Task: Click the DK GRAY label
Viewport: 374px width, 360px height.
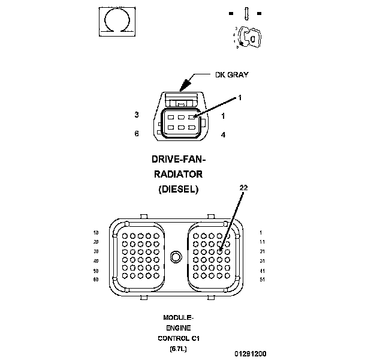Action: pyautogui.click(x=231, y=75)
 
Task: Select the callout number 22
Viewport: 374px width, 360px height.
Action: pyautogui.click(x=244, y=187)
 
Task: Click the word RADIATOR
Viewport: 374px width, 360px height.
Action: pyautogui.click(x=179, y=174)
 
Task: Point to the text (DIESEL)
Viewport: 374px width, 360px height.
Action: pyautogui.click(x=179, y=188)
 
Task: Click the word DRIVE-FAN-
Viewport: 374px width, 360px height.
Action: pyautogui.click(x=179, y=160)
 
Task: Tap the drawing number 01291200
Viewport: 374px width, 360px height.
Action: pyautogui.click(x=251, y=354)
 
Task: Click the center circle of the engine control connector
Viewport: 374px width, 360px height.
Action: pyautogui.click(x=176, y=257)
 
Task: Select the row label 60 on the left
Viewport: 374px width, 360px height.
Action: pyautogui.click(x=95, y=280)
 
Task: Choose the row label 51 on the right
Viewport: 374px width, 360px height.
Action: pyautogui.click(x=261, y=280)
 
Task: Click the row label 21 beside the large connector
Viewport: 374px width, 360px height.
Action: pyautogui.click(x=261, y=251)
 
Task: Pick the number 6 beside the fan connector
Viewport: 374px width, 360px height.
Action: pyautogui.click(x=137, y=134)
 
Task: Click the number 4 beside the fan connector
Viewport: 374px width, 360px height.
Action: pyautogui.click(x=223, y=135)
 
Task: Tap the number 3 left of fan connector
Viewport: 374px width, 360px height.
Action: pyautogui.click(x=137, y=115)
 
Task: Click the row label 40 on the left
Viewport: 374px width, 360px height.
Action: pyautogui.click(x=95, y=260)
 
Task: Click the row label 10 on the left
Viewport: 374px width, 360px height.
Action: pyautogui.click(x=95, y=232)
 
